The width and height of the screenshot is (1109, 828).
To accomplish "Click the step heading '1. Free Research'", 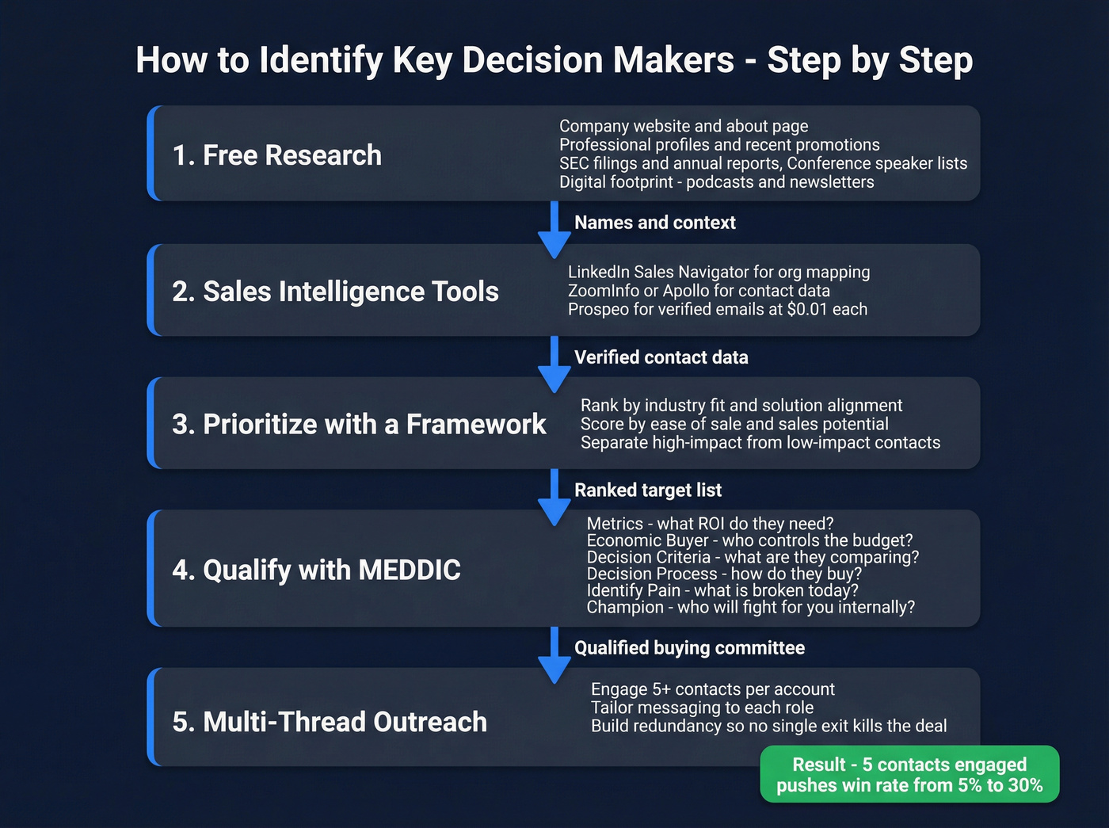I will pos(276,155).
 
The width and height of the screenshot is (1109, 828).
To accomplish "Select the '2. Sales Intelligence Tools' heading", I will pos(335,292).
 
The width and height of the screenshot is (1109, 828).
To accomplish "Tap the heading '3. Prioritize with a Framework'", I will pos(359,424).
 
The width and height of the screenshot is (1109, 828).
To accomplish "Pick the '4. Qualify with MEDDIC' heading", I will pos(316,570).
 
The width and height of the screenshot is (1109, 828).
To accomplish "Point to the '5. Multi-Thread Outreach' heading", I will pos(330,722).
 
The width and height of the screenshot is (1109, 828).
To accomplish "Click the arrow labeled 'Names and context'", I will pos(554,231).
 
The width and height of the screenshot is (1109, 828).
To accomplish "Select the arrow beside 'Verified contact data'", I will pos(554,364).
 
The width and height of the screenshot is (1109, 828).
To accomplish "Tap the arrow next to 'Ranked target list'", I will pos(554,498).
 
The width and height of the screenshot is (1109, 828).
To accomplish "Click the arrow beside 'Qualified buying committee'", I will pos(554,655).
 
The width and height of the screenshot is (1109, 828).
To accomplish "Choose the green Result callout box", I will pos(909,774).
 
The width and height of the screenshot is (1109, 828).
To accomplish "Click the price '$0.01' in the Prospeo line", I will pos(806,309).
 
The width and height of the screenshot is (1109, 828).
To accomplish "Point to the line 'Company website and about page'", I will pos(684,126).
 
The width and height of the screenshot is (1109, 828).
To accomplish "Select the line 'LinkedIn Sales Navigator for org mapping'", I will pos(718,272).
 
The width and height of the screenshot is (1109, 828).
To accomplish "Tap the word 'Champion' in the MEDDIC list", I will pos(625,607).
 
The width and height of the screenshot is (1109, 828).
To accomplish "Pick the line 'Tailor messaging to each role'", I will pos(702,708).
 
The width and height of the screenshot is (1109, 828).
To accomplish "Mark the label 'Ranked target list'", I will pos(648,490).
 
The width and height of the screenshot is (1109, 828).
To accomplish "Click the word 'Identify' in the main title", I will pos(321,61).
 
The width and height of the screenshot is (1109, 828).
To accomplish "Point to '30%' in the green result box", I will pos(1025,785).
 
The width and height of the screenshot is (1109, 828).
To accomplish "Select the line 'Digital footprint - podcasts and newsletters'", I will pos(716,181).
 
